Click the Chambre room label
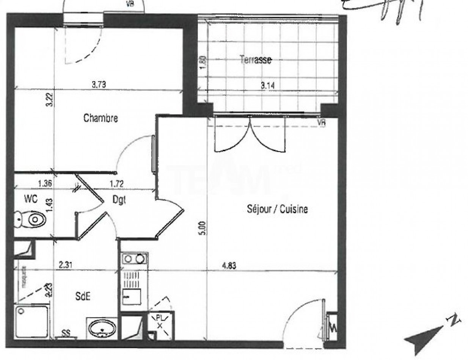coord(101,118)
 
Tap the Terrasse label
coord(256,60)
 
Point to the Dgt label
coord(119,199)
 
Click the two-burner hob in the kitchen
coord(135,259)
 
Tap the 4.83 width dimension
coord(229,266)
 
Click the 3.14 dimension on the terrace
coord(267,86)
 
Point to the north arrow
coord(429,332)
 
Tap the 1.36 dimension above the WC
coord(45,184)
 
